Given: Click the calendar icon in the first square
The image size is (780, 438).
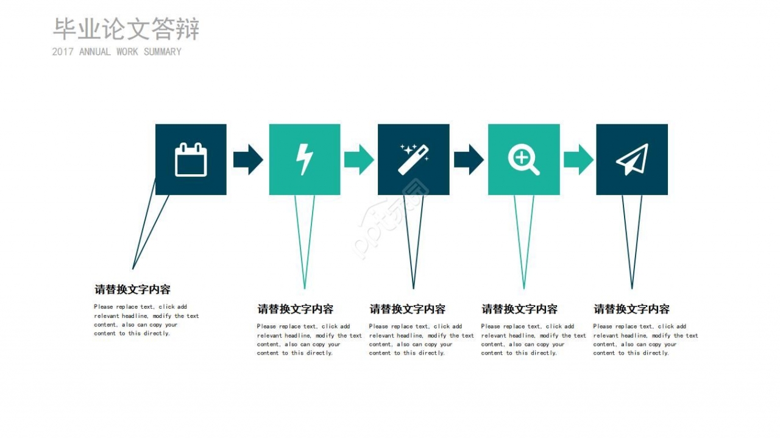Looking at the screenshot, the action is (x=191, y=160).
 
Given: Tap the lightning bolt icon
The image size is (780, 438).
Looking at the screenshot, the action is (x=304, y=160).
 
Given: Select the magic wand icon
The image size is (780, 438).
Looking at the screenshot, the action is (x=414, y=160).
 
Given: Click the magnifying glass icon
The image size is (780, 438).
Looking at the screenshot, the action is (x=523, y=160).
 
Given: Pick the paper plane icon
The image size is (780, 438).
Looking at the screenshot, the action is (x=632, y=160).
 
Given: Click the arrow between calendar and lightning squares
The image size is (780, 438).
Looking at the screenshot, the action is (x=248, y=160).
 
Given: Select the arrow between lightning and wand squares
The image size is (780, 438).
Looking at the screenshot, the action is (x=359, y=160).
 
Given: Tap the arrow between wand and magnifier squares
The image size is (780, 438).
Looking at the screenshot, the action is (x=469, y=160).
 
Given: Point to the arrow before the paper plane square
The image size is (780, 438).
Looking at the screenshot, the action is (x=578, y=160).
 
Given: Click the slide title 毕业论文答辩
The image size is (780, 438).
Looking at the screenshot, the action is (x=126, y=29).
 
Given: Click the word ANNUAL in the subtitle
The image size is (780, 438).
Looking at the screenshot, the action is (x=94, y=52).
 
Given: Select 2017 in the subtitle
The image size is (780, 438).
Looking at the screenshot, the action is (x=63, y=52).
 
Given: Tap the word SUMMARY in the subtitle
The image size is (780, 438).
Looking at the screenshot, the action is (x=162, y=52).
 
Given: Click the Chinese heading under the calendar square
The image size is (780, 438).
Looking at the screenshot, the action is (x=132, y=289).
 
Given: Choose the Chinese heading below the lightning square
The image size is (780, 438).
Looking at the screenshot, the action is (x=295, y=309).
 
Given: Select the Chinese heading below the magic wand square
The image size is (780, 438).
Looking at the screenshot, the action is (x=407, y=309).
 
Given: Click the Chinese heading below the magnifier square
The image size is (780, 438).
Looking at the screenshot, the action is (x=519, y=309).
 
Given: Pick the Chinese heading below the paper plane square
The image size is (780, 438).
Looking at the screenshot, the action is (x=631, y=309).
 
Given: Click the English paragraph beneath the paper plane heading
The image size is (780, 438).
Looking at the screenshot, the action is (x=645, y=339).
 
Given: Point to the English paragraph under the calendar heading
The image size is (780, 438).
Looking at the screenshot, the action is (x=146, y=320).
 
